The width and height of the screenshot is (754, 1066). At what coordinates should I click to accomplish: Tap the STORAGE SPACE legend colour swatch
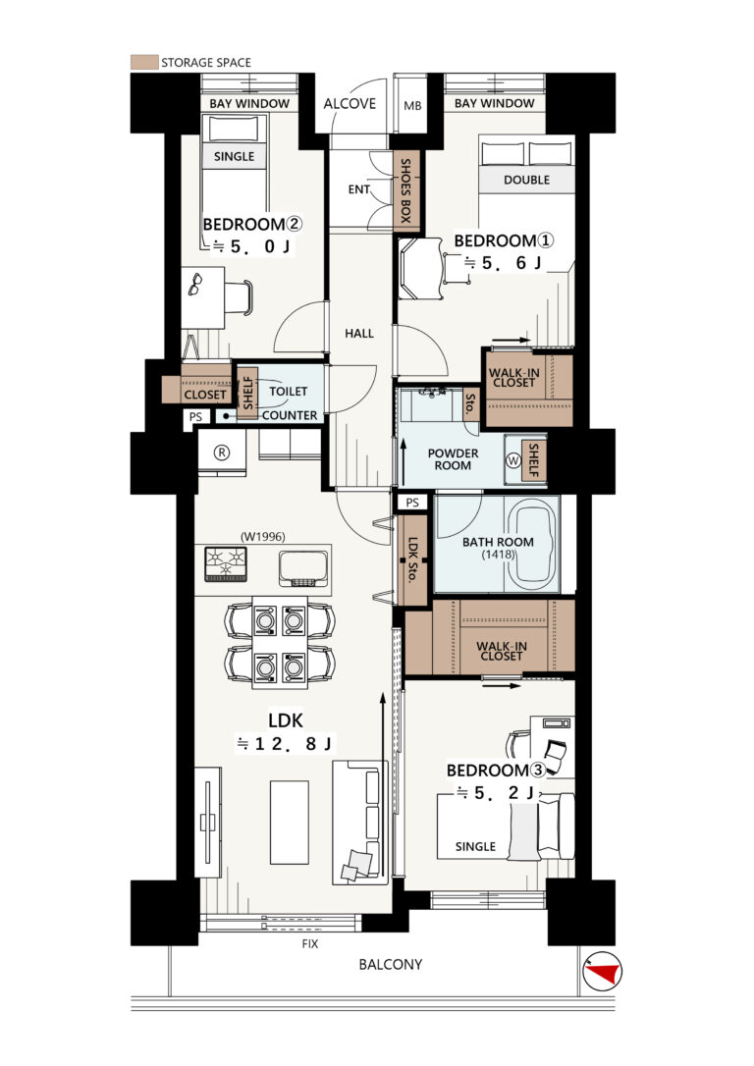click(144, 63)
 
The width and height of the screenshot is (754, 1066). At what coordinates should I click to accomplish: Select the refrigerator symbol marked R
click(222, 453)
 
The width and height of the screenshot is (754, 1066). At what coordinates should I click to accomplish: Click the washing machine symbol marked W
click(513, 460)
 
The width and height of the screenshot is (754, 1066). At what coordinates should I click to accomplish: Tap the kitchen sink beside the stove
click(303, 568)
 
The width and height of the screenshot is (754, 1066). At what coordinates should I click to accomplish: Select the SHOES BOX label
click(405, 191)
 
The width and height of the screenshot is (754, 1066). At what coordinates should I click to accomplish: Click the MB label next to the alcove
click(412, 105)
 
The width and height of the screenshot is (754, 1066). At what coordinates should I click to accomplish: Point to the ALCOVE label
click(350, 103)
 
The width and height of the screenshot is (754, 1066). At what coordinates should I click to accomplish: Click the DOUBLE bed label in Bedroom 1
click(527, 181)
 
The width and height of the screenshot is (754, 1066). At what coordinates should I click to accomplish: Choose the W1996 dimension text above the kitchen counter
click(263, 536)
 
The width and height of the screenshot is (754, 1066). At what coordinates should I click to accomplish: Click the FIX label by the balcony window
click(310, 943)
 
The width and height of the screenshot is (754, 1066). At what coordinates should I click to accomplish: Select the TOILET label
click(289, 391)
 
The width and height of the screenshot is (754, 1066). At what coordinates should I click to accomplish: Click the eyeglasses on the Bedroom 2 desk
click(194, 284)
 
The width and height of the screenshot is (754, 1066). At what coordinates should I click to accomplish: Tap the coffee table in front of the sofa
click(290, 822)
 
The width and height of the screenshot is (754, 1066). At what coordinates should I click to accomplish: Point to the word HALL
click(359, 333)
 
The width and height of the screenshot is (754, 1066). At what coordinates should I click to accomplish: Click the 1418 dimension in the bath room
click(499, 554)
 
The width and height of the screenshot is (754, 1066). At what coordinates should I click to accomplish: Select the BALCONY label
click(391, 964)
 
